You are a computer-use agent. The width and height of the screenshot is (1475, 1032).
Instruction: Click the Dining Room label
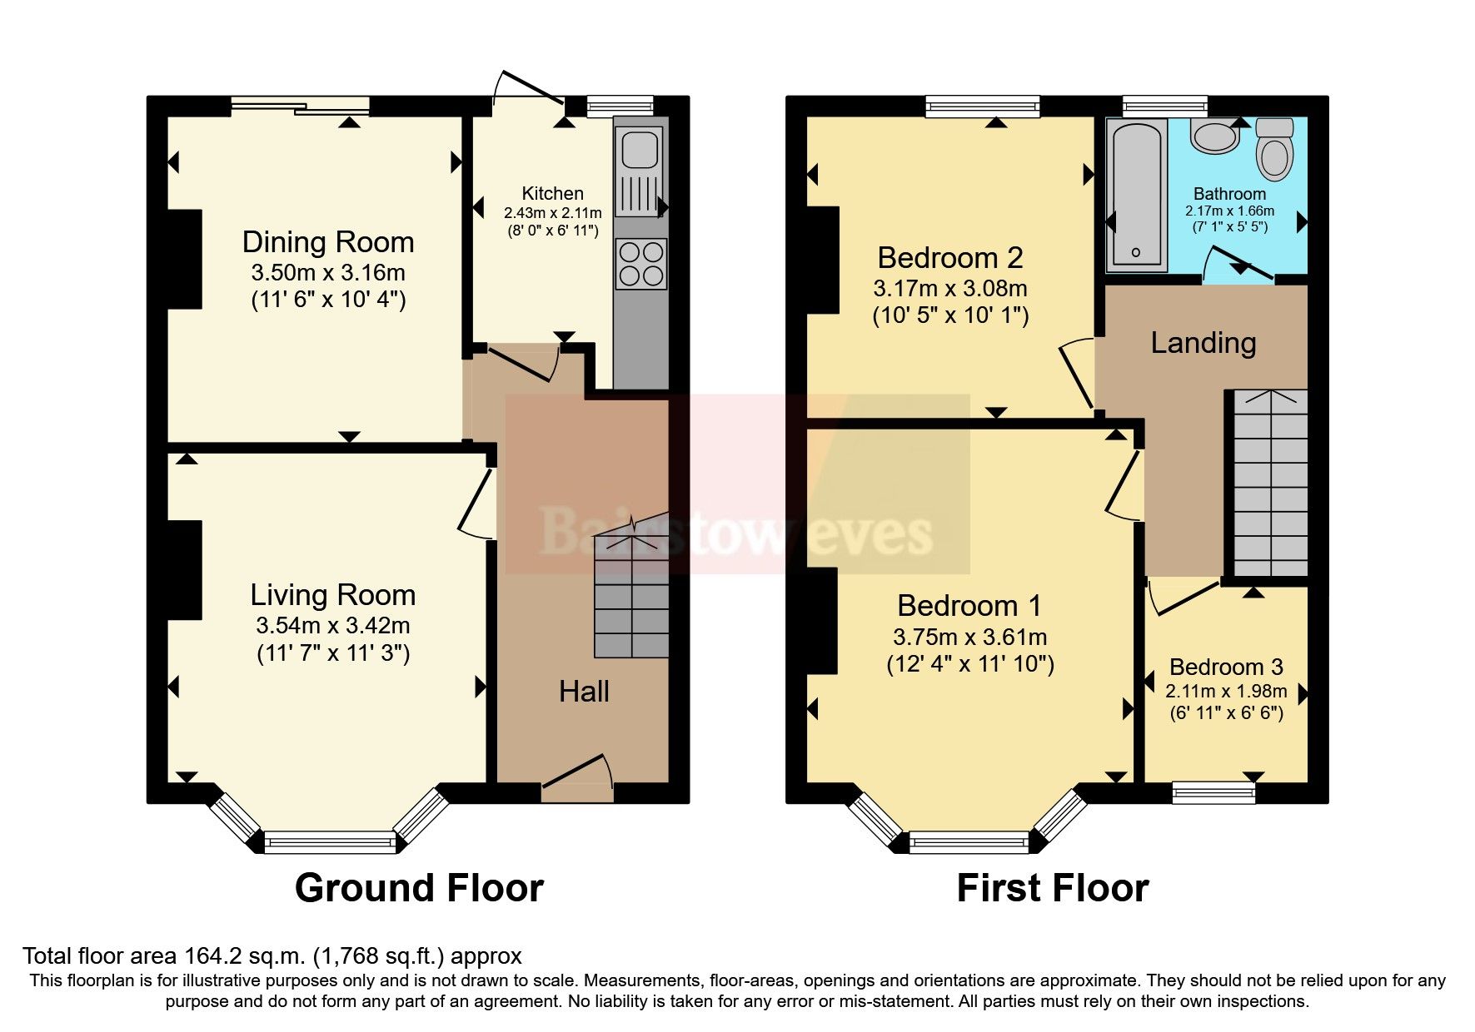(327, 242)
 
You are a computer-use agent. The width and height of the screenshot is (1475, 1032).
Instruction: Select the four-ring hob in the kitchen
(641, 264)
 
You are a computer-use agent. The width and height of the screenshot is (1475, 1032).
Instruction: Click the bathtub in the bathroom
(1136, 196)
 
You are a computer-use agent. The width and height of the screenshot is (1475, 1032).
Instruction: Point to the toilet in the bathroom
(1274, 150)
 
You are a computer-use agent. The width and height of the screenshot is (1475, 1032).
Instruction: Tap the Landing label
(1203, 343)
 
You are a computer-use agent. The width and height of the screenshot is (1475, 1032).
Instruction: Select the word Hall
(583, 692)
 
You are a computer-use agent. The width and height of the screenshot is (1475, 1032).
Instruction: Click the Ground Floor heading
(419, 888)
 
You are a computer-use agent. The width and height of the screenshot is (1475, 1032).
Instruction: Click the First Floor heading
(1052, 888)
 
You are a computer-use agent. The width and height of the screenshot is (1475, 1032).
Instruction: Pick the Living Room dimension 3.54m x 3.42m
(332, 626)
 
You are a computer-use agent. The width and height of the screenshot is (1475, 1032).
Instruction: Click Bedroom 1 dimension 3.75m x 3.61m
(969, 638)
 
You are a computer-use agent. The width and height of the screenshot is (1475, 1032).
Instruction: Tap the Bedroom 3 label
(1225, 667)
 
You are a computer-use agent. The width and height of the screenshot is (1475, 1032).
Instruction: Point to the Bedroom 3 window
(1213, 791)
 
